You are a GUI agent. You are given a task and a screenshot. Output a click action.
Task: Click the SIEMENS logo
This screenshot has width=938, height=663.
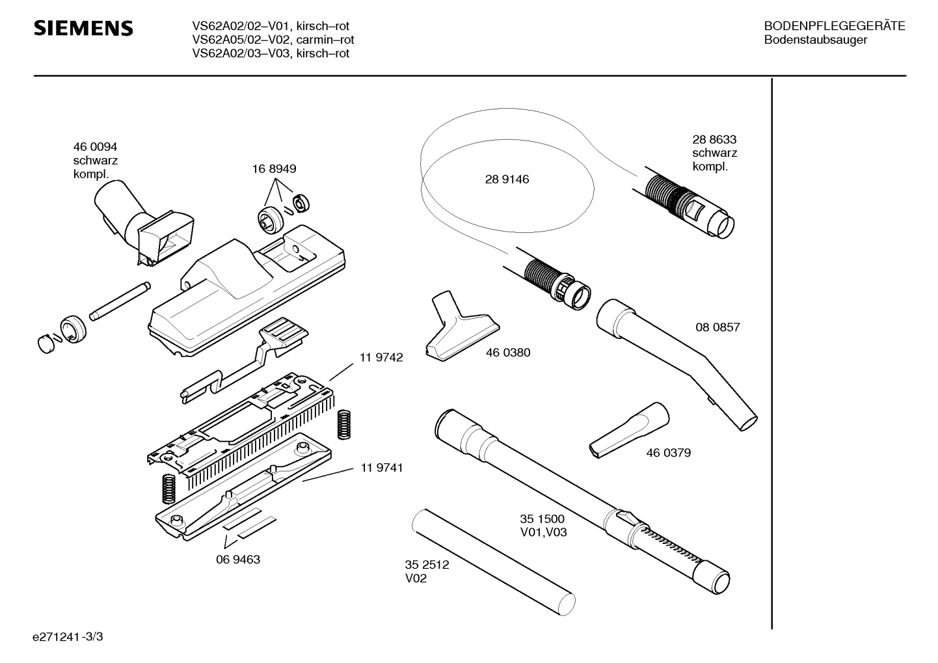tap(83, 28)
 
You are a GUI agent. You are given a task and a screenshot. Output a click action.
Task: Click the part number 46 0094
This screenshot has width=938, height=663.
tap(95, 147)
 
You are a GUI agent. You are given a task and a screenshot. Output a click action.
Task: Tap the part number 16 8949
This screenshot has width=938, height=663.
tap(274, 169)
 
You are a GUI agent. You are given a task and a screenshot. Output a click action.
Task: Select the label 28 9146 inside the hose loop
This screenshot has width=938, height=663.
tap(507, 180)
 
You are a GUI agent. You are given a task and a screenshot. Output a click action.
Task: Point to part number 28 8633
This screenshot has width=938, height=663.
tap(714, 139)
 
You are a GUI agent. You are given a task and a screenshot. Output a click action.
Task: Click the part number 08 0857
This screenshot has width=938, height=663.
tap(717, 327)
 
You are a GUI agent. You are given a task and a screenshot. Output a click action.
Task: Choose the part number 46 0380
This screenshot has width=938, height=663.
tap(508, 353)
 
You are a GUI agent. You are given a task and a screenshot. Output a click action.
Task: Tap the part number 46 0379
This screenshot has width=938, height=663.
tap(668, 453)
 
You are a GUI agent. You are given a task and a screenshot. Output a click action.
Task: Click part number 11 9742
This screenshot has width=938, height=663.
tap(381, 357)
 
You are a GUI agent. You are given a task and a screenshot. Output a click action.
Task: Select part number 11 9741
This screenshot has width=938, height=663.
tap(381, 468)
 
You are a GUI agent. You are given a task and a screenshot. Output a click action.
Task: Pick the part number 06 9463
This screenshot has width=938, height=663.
tap(238, 560)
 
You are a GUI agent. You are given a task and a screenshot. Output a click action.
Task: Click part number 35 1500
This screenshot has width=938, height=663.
tap(543, 519)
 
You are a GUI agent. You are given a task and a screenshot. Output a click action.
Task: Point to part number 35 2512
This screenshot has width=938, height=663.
tap(427, 565)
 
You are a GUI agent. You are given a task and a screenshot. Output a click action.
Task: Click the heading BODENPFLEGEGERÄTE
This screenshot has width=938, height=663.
tap(835, 26)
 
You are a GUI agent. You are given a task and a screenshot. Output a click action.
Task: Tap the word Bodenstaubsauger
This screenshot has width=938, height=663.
tap(816, 40)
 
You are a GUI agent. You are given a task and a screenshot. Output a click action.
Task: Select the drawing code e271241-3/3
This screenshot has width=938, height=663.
tap(68, 637)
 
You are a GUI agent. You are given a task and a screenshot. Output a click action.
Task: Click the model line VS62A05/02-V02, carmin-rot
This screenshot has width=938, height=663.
tap(273, 40)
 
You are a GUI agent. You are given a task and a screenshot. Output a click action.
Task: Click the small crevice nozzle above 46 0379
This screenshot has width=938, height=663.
tap(629, 431)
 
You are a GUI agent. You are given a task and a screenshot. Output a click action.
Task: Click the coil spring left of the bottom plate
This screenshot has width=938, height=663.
tap(168, 489)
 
